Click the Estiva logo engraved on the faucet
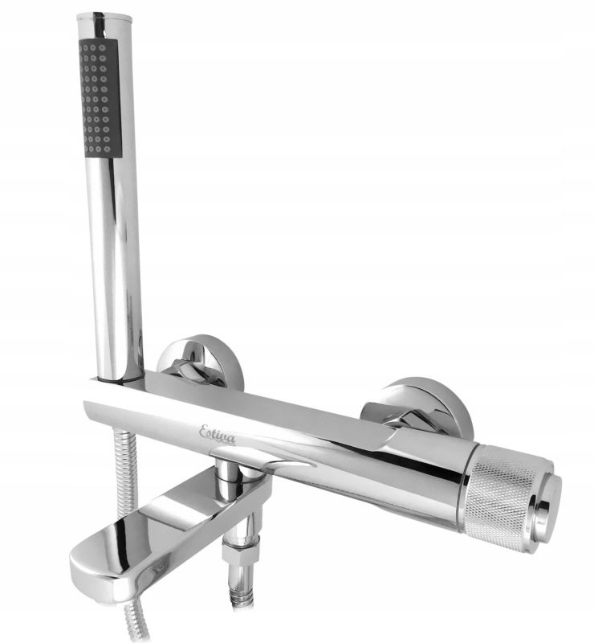click(x=217, y=434)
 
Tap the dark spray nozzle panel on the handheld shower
click(x=101, y=97)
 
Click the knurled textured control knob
click(x=503, y=496)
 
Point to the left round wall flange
click(x=201, y=361)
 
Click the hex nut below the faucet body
click(x=242, y=551)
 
